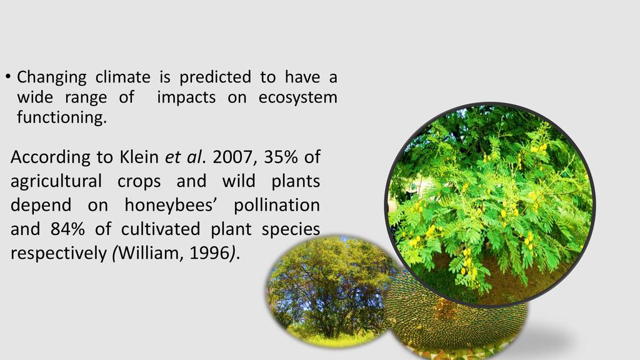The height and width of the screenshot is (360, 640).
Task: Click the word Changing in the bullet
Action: coord(51,77)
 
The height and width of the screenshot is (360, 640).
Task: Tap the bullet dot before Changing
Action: coord(7,76)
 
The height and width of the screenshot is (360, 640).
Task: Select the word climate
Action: coord(123,77)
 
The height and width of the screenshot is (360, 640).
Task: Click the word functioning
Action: coord(62,117)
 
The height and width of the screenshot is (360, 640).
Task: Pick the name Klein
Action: coord(139,157)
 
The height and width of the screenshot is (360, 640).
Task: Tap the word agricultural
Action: coord(56,182)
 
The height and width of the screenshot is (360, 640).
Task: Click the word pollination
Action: coord(277,205)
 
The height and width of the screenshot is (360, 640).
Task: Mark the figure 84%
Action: coord(67,229)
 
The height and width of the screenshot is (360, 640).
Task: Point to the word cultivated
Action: coord(161,229)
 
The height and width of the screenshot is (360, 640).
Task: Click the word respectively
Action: coord(59,254)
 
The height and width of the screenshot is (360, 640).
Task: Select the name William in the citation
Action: coord(151,253)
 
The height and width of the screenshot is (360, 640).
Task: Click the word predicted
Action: coord(215,77)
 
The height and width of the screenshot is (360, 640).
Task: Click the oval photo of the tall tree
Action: coord(329,291)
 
